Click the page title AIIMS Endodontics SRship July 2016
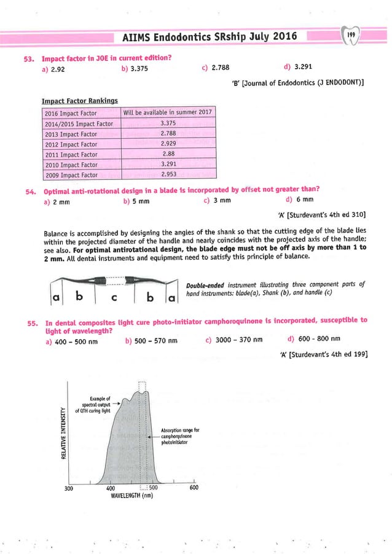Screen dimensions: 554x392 point(210,36)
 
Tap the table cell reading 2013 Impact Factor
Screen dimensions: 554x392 point(72,133)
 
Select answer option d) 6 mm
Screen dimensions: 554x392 point(300,200)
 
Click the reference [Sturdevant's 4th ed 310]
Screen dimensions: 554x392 point(322,214)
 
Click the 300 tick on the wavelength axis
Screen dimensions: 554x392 point(70,488)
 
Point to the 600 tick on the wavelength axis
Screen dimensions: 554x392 point(194,488)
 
